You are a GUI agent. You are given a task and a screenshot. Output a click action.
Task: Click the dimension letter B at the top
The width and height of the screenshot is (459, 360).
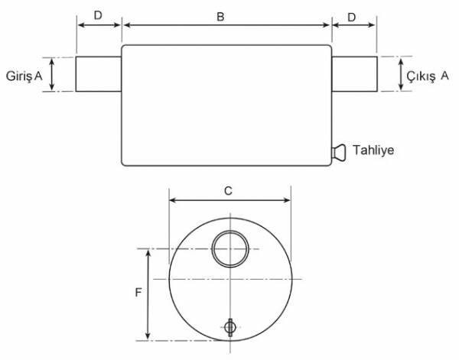tap(220, 16)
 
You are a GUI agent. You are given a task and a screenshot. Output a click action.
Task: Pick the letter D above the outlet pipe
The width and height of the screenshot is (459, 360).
tap(351, 16)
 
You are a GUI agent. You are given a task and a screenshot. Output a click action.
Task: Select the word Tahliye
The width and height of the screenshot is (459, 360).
tap(373, 151)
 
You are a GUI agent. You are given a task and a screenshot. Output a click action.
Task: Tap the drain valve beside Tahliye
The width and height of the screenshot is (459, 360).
tap(338, 151)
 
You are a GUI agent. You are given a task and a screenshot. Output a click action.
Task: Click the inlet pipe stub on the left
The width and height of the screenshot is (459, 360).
tap(99, 74)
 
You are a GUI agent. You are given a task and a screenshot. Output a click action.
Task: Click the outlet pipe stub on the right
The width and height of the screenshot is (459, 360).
tap(353, 74)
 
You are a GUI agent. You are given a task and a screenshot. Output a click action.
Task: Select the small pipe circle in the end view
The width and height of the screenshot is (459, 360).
tap(229, 249)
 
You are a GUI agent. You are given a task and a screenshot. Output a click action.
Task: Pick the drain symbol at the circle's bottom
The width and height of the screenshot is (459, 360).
tap(229, 327)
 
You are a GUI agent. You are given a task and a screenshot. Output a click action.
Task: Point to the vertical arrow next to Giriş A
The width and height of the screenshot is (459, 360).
tap(52, 74)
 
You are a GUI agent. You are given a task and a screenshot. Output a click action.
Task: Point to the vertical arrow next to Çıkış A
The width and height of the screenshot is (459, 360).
tap(402, 74)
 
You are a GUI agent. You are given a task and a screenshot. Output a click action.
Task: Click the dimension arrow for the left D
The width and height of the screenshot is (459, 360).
tap(99, 25)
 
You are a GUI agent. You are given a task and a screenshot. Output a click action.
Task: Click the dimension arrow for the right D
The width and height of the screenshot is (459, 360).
tap(353, 25)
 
